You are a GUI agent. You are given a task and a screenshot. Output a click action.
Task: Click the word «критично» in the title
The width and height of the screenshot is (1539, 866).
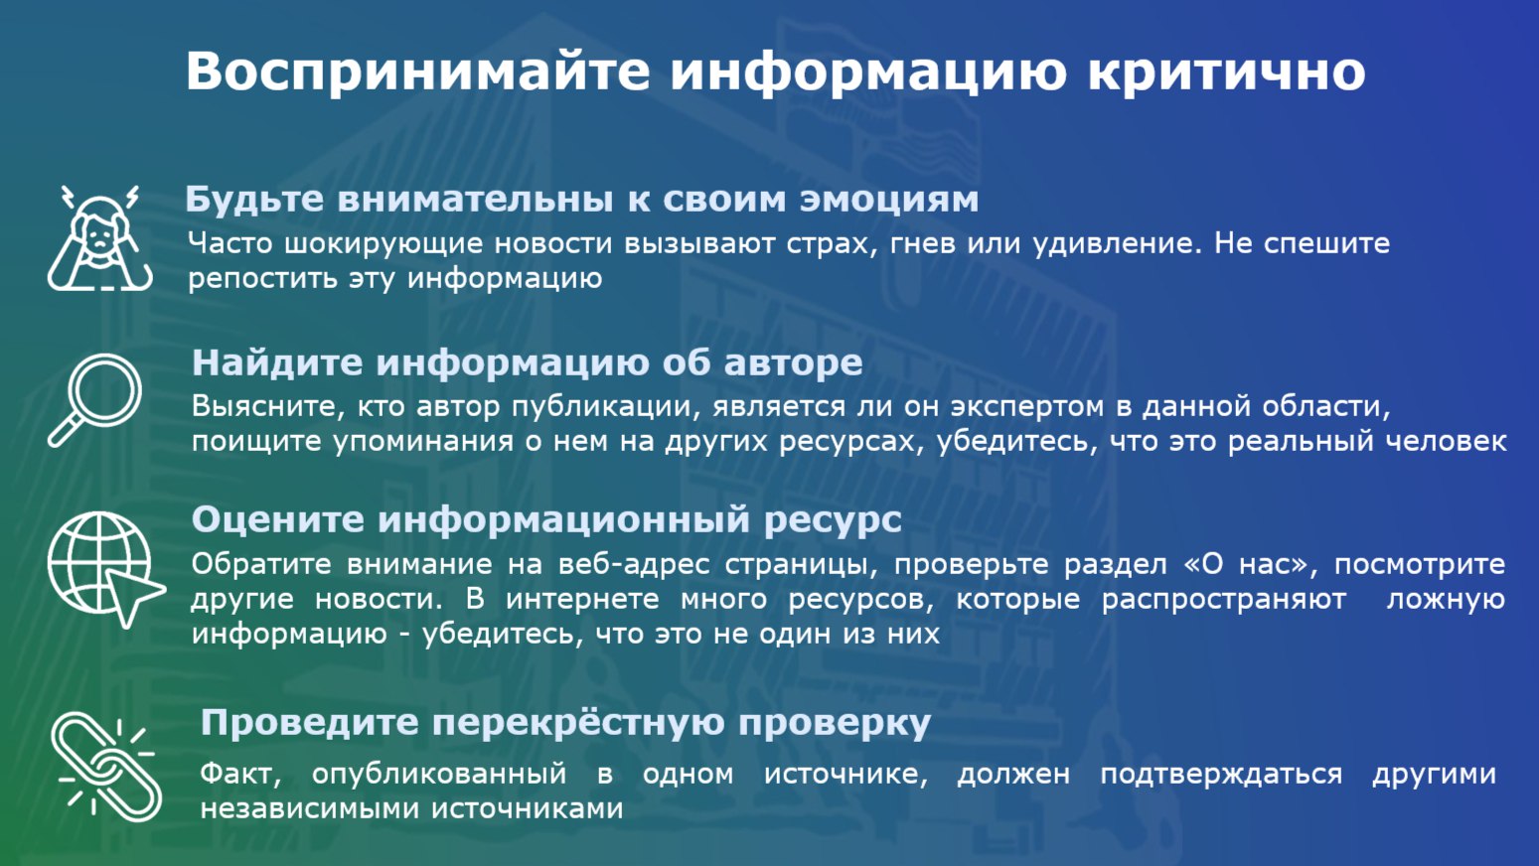pos(1226,72)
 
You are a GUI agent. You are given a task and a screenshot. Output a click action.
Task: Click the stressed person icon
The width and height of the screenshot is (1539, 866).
pos(100,237)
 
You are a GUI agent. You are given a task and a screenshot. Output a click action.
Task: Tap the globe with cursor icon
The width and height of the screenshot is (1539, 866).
pos(105,569)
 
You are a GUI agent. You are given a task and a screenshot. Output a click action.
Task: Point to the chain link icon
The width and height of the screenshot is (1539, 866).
pos(106,767)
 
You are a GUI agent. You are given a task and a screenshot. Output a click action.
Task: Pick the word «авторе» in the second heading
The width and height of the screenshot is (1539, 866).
pos(793,362)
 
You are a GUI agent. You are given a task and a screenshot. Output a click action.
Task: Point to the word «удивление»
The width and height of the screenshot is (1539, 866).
pos(1117,243)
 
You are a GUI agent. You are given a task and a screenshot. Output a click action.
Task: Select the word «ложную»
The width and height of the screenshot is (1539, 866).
pos(1446,600)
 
